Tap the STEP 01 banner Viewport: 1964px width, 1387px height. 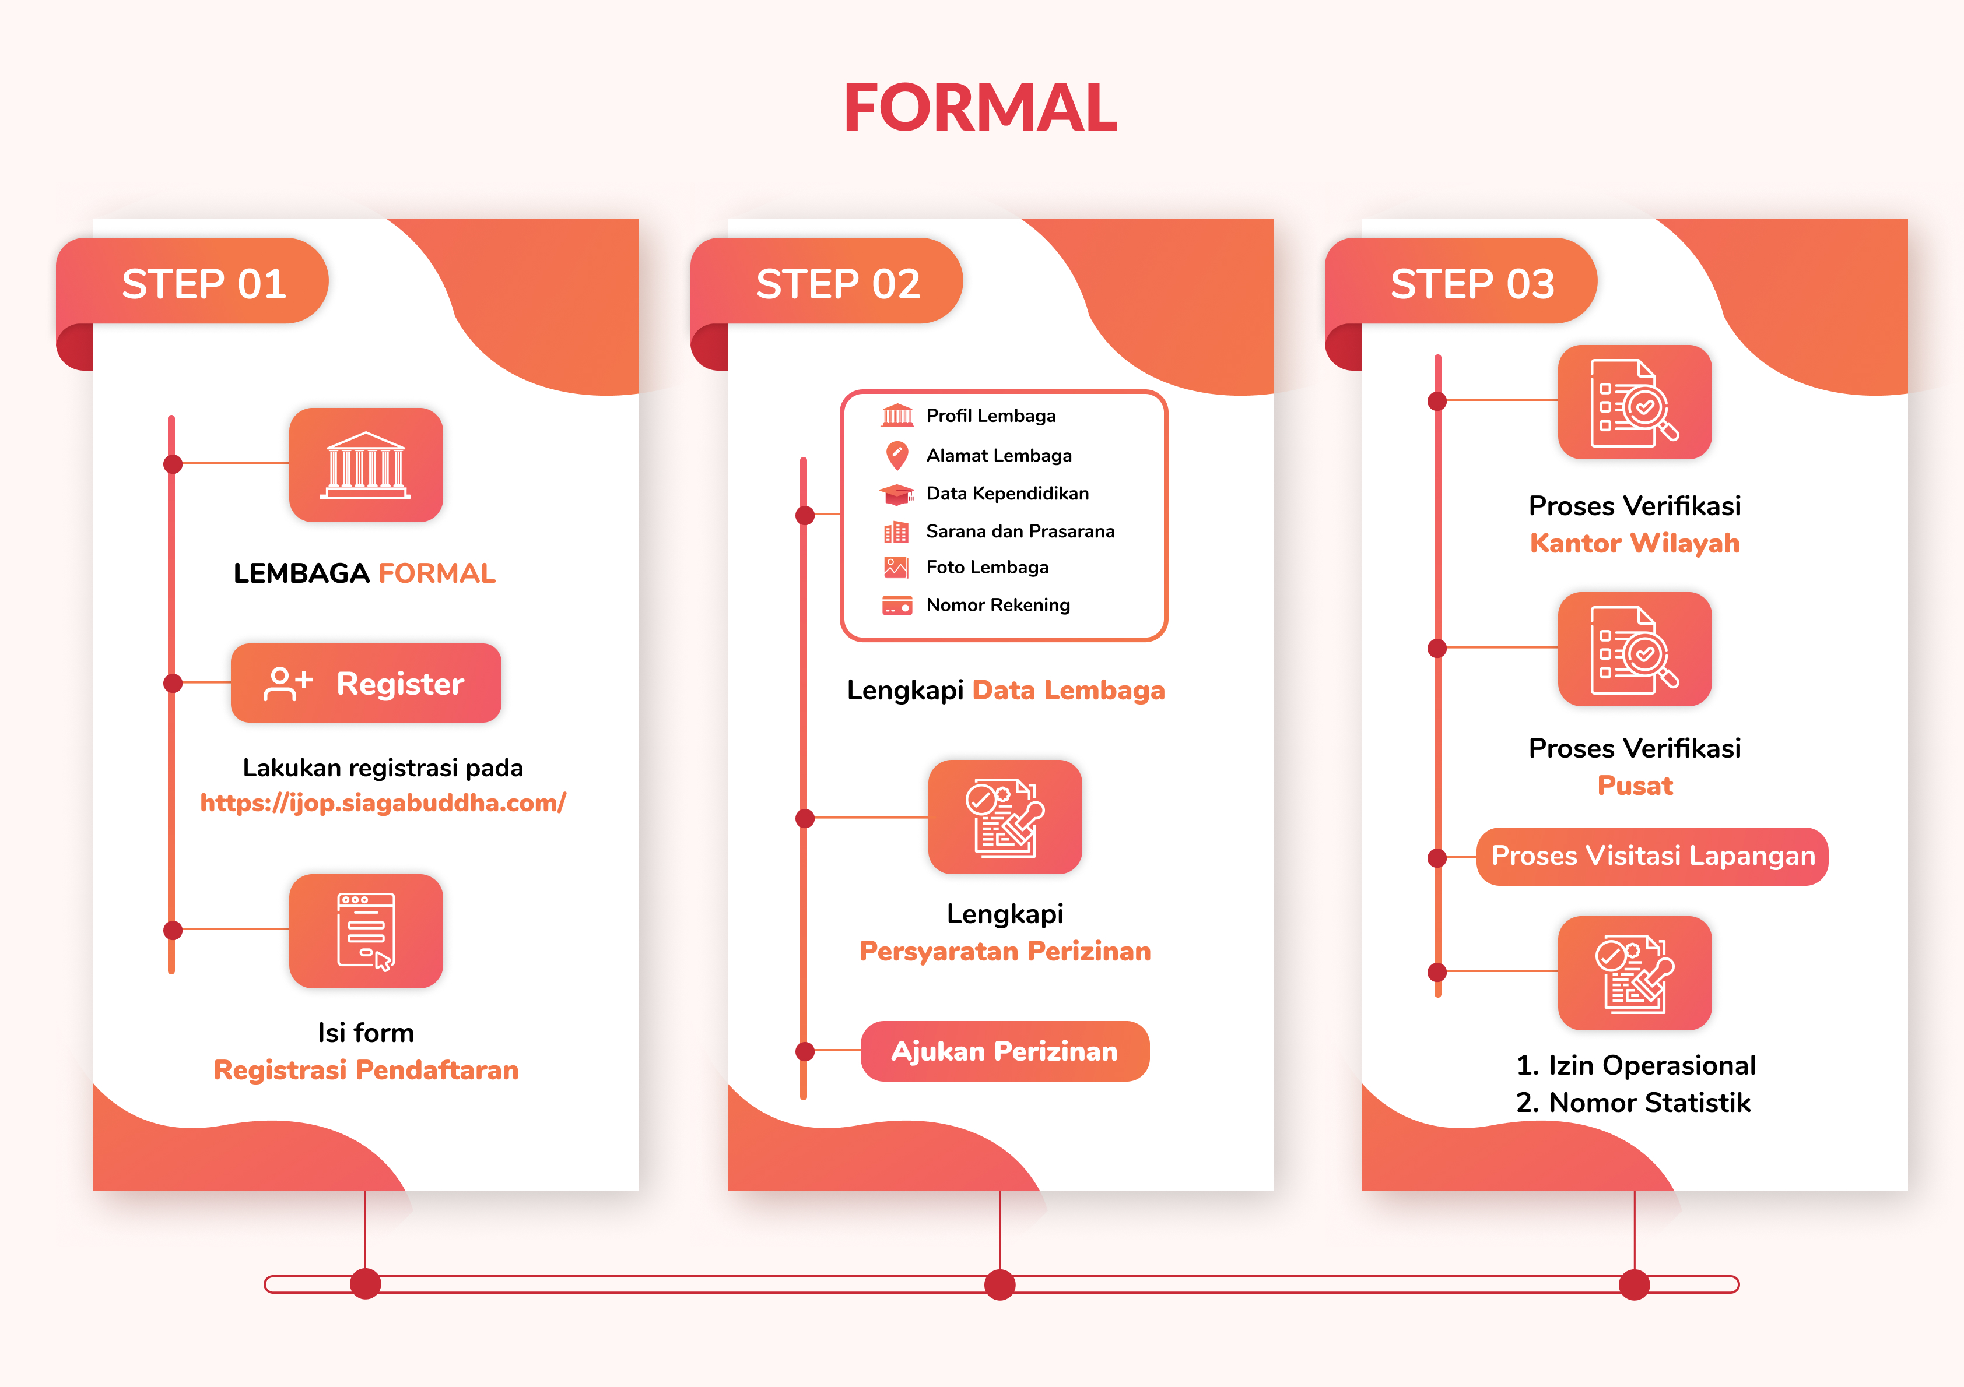pyautogui.click(x=192, y=281)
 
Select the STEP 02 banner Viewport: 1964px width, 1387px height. pyautogui.click(x=827, y=281)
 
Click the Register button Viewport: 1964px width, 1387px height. pyautogui.click(x=366, y=683)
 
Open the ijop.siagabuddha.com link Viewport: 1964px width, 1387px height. pyautogui.click(x=383, y=803)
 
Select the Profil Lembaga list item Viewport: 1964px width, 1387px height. pyautogui.click(x=969, y=416)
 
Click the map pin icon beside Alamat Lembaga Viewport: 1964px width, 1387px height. pyautogui.click(x=896, y=456)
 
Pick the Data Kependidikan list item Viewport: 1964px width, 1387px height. pyautogui.click(x=984, y=494)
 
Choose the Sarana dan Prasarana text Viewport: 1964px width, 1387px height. pyautogui.click(x=1020, y=531)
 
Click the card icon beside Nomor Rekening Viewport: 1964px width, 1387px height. pyautogui.click(x=896, y=606)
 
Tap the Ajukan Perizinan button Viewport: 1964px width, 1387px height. pyautogui.click(x=1005, y=1051)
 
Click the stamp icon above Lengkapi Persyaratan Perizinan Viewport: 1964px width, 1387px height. pyautogui.click(x=1005, y=818)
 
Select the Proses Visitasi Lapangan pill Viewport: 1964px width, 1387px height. pyautogui.click(x=1653, y=856)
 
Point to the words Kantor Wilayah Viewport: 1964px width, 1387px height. pyautogui.click(x=1635, y=543)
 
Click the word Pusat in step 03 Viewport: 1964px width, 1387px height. pyautogui.click(x=1635, y=785)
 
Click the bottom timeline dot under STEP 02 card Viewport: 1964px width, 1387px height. pyautogui.click(x=1000, y=1284)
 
